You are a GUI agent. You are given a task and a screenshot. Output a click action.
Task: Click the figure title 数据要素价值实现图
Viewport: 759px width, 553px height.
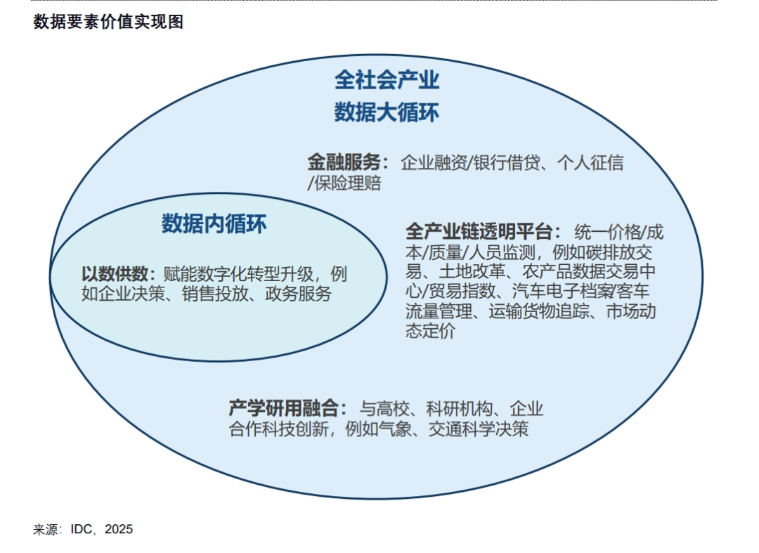pyautogui.click(x=108, y=22)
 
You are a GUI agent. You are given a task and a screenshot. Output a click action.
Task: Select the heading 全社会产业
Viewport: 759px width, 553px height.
pyautogui.click(x=387, y=80)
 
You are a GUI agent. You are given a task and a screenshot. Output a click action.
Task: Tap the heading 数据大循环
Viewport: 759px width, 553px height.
pyautogui.click(x=387, y=112)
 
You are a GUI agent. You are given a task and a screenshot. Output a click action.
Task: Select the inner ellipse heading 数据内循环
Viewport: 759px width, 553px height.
pyautogui.click(x=214, y=224)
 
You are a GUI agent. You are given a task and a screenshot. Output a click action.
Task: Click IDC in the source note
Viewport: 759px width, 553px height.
pyautogui.click(x=82, y=529)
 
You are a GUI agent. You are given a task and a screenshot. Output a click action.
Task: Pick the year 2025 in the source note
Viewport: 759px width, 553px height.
pyautogui.click(x=119, y=529)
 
